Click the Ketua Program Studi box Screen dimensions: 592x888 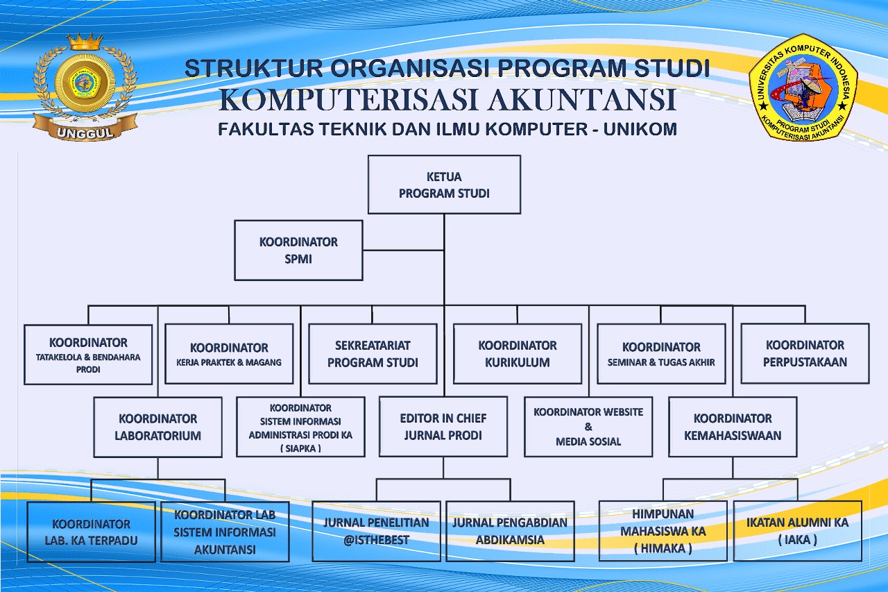pyautogui.click(x=444, y=185)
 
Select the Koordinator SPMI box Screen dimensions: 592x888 pyautogui.click(x=298, y=251)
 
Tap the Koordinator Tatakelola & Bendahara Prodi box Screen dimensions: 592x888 pyautogui.click(x=88, y=355)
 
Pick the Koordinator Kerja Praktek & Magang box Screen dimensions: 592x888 pyautogui.click(x=229, y=354)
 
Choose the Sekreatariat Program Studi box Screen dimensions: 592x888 pyautogui.click(x=373, y=353)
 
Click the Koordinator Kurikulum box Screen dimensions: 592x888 pyautogui.click(x=518, y=353)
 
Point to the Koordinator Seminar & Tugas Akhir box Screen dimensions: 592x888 pyautogui.click(x=661, y=353)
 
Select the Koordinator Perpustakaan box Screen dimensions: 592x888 pyautogui.click(x=805, y=353)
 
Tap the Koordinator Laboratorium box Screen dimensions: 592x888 pyautogui.click(x=158, y=427)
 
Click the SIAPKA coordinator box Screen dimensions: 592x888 pyautogui.click(x=300, y=427)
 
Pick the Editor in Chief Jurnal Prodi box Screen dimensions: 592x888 pyautogui.click(x=443, y=427)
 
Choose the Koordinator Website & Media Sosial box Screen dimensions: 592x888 pyautogui.click(x=588, y=426)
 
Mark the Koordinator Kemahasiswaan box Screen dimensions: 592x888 pyautogui.click(x=733, y=427)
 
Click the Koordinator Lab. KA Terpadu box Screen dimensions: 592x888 pyautogui.click(x=91, y=532)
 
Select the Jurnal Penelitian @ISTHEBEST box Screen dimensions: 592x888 pyautogui.click(x=376, y=531)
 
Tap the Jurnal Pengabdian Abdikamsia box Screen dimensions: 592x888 pyautogui.click(x=510, y=531)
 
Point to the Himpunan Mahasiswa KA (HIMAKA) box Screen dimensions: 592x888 pyautogui.click(x=663, y=531)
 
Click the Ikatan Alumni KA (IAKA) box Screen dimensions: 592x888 pyautogui.click(x=797, y=531)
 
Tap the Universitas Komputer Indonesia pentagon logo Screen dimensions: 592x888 pyautogui.click(x=803, y=87)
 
